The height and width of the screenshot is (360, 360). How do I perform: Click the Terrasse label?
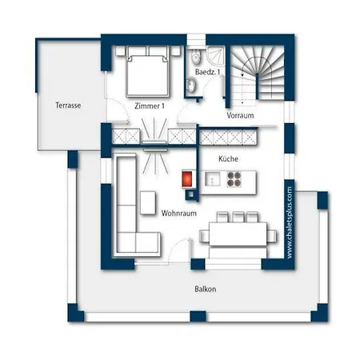[68, 105]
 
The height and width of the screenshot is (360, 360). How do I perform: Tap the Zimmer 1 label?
[150, 106]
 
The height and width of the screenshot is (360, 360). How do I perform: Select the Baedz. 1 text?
[208, 72]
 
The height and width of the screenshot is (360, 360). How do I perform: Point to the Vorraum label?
[240, 115]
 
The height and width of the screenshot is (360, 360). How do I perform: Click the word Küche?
[228, 158]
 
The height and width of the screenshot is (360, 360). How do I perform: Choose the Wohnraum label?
[179, 214]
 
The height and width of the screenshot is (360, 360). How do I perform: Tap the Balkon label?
[206, 289]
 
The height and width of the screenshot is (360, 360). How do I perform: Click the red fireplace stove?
[187, 179]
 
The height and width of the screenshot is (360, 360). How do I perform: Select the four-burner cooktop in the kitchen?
[234, 179]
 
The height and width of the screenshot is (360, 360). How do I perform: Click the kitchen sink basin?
[213, 178]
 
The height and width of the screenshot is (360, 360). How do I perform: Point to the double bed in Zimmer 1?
[148, 71]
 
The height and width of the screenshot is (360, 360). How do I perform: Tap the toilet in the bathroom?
[195, 56]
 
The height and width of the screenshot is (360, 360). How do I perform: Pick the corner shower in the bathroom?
[216, 56]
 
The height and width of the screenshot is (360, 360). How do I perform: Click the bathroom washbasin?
[191, 85]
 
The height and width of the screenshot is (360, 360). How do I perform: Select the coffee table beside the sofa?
[148, 202]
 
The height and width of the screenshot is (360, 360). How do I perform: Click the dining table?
[238, 234]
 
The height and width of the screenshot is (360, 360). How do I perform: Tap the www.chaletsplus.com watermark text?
[290, 222]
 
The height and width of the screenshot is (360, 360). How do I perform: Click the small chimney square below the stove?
[191, 194]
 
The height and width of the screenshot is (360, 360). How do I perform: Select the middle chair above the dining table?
[238, 217]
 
